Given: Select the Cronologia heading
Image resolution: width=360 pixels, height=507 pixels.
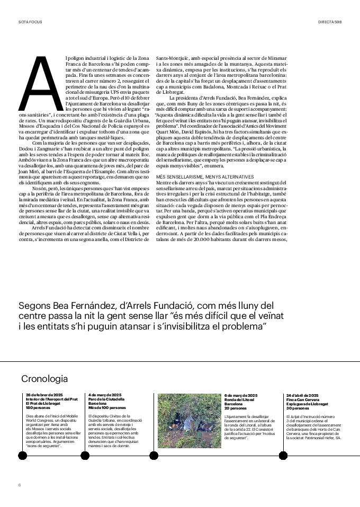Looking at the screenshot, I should pyautogui.click(x=44, y=379).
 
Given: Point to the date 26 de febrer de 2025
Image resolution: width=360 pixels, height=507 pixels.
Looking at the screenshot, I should pyautogui.click(x=44, y=395).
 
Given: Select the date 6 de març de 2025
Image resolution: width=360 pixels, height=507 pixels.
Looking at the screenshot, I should pyautogui.click(x=241, y=395).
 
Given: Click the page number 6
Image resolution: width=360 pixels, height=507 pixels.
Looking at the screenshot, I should pyautogui.click(x=20, y=485).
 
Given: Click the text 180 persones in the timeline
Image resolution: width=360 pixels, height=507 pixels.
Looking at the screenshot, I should pyautogui.click(x=37, y=408).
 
